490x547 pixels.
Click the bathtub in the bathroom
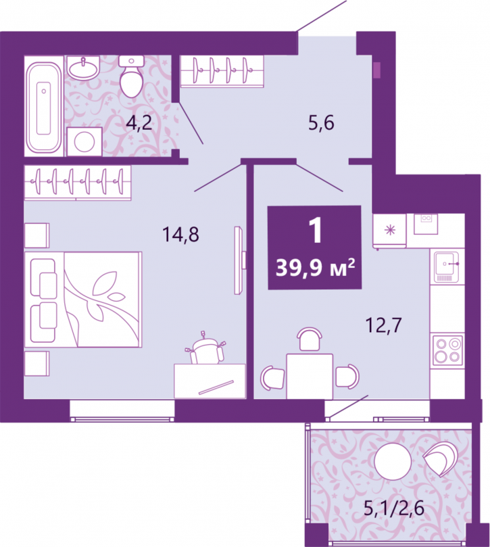pyautogui.click(x=44, y=107)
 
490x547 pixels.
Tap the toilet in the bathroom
pyautogui.click(x=131, y=76)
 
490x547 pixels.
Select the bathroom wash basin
pyautogui.click(x=83, y=68)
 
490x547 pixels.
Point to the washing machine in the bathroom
pyautogui.click(x=84, y=141)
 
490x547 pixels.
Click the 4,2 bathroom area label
pyautogui.click(x=139, y=123)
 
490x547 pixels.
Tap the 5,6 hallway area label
pyautogui.click(x=321, y=123)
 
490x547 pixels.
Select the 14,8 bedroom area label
pyautogui.click(x=180, y=234)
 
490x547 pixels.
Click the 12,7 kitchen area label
pyautogui.click(x=383, y=325)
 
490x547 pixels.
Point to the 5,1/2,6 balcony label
pyautogui.click(x=394, y=508)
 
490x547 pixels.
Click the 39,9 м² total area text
pyautogui.click(x=315, y=268)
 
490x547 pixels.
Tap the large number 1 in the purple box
pyautogui.click(x=316, y=231)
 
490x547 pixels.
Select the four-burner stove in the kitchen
pyautogui.click(x=448, y=350)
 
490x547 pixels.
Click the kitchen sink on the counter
pyautogui.click(x=447, y=267)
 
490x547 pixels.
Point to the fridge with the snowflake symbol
pyautogui.click(x=389, y=231)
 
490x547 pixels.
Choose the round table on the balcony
pyautogui.click(x=393, y=461)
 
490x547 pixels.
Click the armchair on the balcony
pyautogui.click(x=440, y=458)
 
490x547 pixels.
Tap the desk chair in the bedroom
pyautogui.click(x=205, y=348)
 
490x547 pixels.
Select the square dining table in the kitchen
pyautogui.click(x=310, y=376)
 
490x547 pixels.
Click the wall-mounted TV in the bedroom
pyautogui.click(x=239, y=260)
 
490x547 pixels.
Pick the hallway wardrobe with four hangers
pyautogui.click(x=222, y=71)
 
